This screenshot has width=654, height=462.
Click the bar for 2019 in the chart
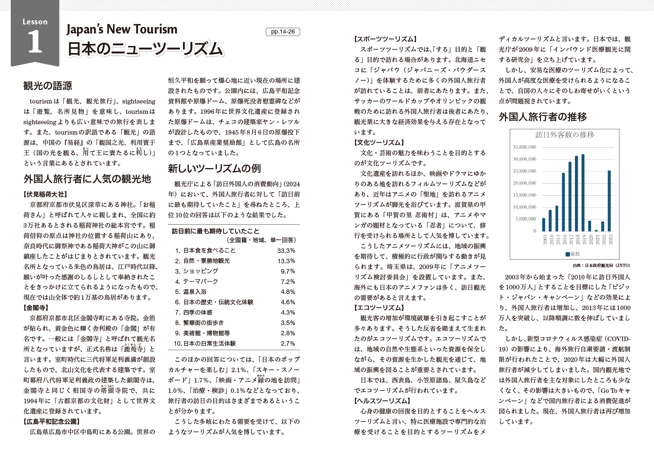pos(583,193)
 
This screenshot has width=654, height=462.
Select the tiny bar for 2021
pos(596,231)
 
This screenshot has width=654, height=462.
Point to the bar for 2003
pos(544,225)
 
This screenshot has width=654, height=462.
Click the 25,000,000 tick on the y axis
pos(524,171)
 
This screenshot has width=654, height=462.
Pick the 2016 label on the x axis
pos(563,240)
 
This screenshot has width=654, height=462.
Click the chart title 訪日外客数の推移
pos(565,135)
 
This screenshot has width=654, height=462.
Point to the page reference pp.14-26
pos(283,32)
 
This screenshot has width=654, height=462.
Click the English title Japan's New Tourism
pos(122,29)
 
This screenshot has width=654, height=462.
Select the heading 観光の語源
pos(48,86)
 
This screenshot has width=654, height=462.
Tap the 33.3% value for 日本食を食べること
pos(286,250)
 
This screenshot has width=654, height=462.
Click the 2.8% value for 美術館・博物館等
pos(288,333)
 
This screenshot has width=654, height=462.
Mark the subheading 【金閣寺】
pos(36,308)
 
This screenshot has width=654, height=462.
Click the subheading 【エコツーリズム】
pos(379,308)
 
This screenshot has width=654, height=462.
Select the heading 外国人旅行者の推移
pos(543,117)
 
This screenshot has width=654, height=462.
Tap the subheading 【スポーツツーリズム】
pos(385,39)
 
